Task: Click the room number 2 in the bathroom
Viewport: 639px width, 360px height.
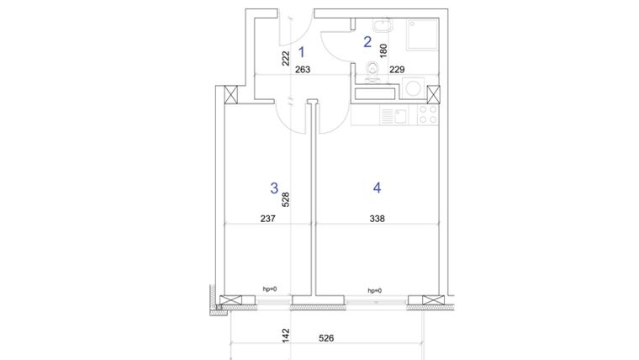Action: [x=367, y=40]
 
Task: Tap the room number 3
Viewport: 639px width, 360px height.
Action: [x=273, y=188]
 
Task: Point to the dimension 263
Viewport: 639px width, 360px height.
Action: [x=304, y=71]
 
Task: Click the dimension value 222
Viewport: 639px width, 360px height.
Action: [x=286, y=58]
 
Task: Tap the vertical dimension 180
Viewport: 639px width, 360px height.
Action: [x=383, y=50]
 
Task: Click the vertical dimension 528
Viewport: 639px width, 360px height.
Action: [x=286, y=199]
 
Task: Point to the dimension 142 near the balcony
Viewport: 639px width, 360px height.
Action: [x=286, y=335]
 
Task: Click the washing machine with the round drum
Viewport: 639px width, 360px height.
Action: [x=413, y=88]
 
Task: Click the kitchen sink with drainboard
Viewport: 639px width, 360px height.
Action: [x=391, y=115]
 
